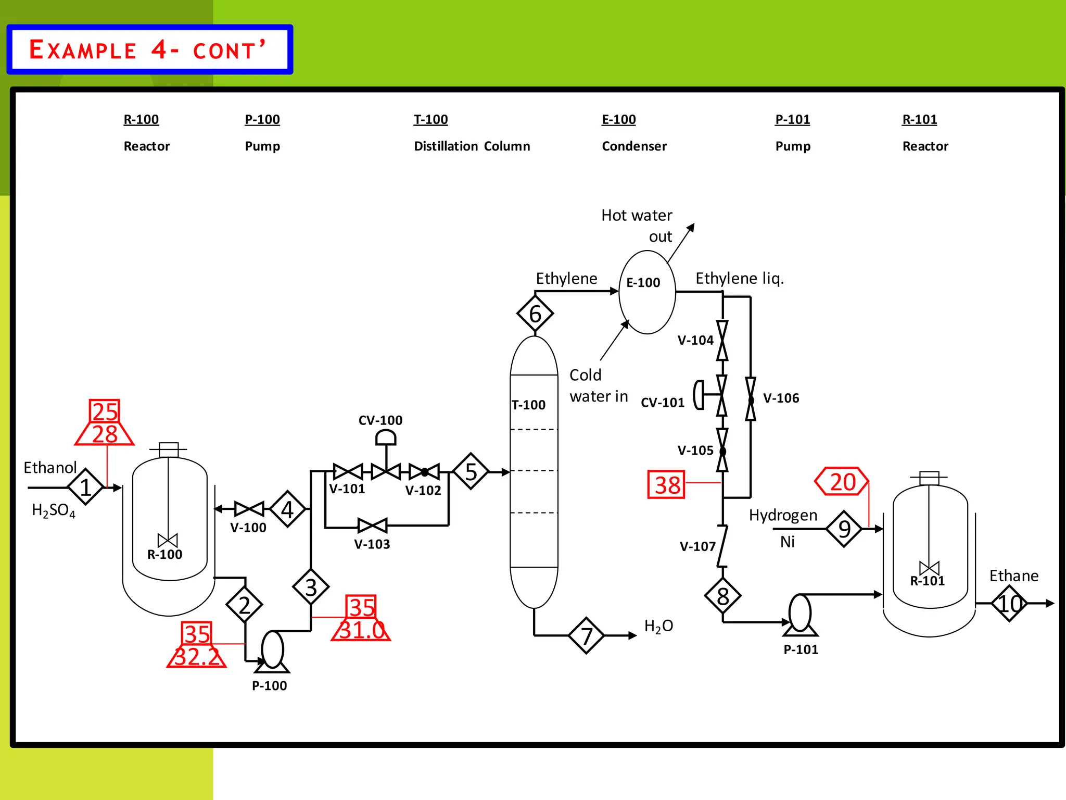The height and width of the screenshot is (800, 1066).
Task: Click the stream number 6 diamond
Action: tap(535, 314)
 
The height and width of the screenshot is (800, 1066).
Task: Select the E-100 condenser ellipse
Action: tap(647, 292)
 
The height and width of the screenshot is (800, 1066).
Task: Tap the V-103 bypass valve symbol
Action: tap(373, 526)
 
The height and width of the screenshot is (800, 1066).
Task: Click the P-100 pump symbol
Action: tap(272, 651)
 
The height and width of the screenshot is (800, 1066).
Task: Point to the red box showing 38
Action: tap(666, 484)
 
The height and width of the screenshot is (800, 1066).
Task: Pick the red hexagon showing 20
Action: tap(842, 481)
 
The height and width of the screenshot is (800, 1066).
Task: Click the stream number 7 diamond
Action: tap(587, 635)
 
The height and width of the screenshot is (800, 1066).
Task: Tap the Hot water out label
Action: tap(638, 225)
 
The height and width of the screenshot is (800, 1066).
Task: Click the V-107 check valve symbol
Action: tap(722, 546)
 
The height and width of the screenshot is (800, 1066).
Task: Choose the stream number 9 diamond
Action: tap(844, 529)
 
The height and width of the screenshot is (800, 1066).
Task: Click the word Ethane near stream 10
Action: tap(1013, 576)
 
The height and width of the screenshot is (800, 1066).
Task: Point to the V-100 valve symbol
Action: tap(249, 509)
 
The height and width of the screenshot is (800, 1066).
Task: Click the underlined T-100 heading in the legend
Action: tap(430, 119)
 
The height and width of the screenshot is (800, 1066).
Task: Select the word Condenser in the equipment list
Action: tap(634, 146)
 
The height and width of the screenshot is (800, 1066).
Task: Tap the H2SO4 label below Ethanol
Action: tap(54, 510)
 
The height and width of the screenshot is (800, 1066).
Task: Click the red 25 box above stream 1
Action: tap(105, 411)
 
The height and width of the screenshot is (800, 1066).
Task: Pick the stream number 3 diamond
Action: tap(311, 587)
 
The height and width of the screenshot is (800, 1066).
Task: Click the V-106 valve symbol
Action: tap(750, 399)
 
